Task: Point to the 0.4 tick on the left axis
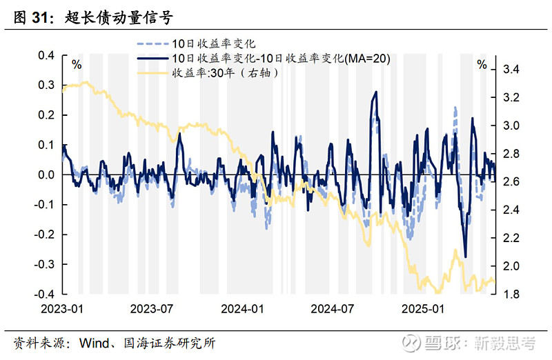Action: [x=46, y=56]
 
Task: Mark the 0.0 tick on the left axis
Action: [x=46, y=175]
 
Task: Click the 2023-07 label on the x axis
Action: [x=151, y=308]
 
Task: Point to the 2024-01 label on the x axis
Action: [x=242, y=308]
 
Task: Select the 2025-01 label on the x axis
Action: [x=424, y=308]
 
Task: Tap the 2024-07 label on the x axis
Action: [x=333, y=308]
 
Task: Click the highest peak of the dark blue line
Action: [x=376, y=92]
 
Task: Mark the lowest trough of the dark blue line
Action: [x=465, y=257]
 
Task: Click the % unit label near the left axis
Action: [x=77, y=65]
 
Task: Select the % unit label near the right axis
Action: [x=482, y=65]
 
